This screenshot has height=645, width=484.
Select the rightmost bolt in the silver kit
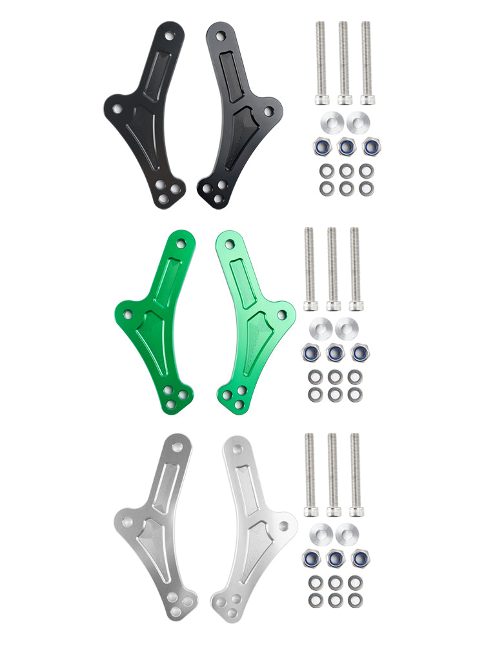click(x=355, y=474)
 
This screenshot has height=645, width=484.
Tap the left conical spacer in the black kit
click(x=330, y=122)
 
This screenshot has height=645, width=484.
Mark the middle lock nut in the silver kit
click(x=335, y=558)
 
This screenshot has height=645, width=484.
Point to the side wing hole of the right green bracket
click(x=281, y=315)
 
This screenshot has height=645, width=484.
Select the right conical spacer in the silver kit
click(x=345, y=533)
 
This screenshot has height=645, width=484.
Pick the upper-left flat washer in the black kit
click(x=327, y=172)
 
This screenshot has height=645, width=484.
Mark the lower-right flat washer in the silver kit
click(x=355, y=600)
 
